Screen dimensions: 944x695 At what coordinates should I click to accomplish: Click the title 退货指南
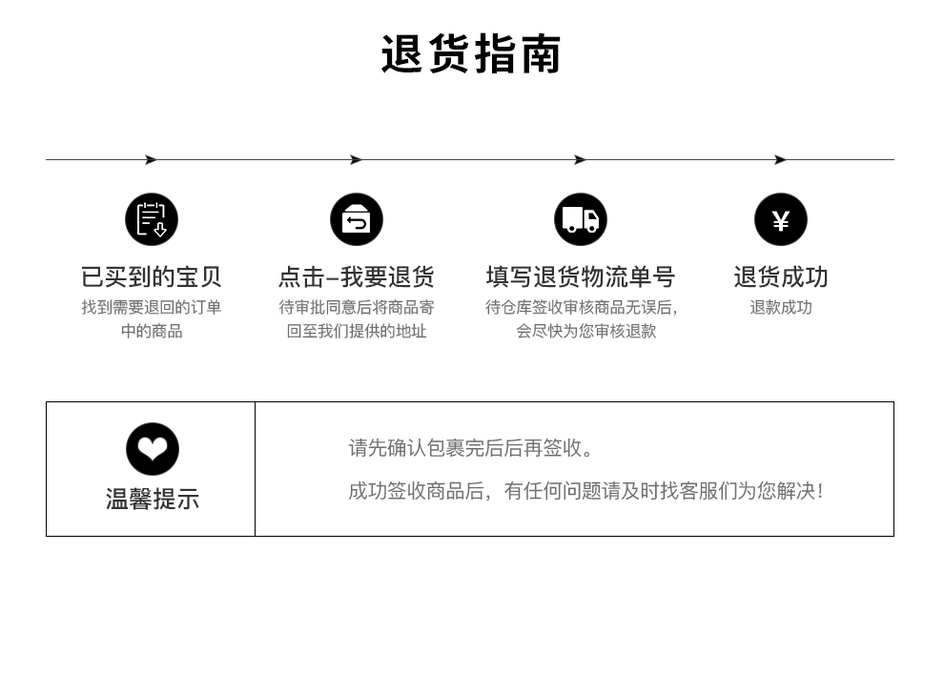pos(471,54)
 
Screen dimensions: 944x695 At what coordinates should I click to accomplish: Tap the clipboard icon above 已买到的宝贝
pos(152,219)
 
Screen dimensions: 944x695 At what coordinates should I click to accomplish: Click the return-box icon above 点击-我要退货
pos(357,219)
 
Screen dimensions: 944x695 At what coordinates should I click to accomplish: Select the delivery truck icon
pos(581,219)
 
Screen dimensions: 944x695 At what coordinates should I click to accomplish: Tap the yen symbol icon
pos(781,219)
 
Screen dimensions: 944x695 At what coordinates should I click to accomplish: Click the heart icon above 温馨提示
pos(153,449)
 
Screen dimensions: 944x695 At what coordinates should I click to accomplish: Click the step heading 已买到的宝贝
pos(152,277)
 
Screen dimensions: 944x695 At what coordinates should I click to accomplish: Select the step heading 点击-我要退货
pos(357,277)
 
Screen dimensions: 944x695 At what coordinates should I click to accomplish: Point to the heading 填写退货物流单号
pos(581,277)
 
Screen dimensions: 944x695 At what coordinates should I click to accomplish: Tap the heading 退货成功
pos(781,277)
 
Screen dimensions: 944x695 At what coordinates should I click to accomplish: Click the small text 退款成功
pos(781,307)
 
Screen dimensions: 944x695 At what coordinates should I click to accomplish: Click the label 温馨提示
pos(153,499)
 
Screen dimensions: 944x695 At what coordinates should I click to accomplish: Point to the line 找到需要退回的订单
pos(152,307)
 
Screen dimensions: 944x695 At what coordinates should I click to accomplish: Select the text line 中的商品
pos(152,331)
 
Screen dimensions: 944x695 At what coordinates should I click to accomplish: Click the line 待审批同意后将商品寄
pos(357,307)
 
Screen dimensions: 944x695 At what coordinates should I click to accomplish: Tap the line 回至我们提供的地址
pos(357,331)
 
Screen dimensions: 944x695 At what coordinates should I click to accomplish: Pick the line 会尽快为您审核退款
pos(586,331)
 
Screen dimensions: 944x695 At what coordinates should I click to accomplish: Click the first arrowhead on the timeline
pos(151,160)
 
